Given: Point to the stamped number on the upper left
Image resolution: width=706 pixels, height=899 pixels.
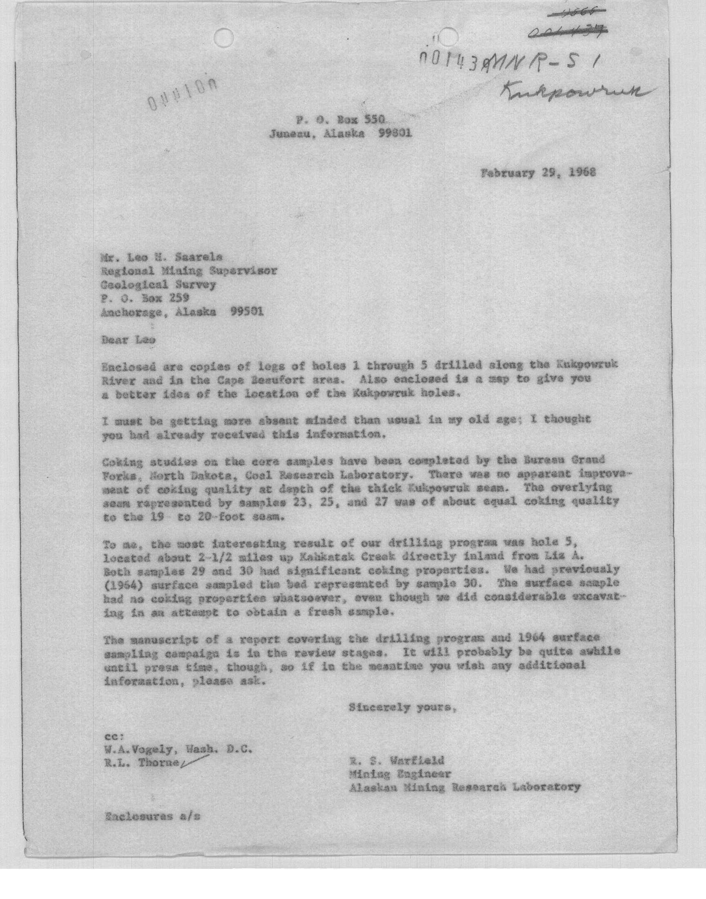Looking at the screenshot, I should (x=179, y=93).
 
